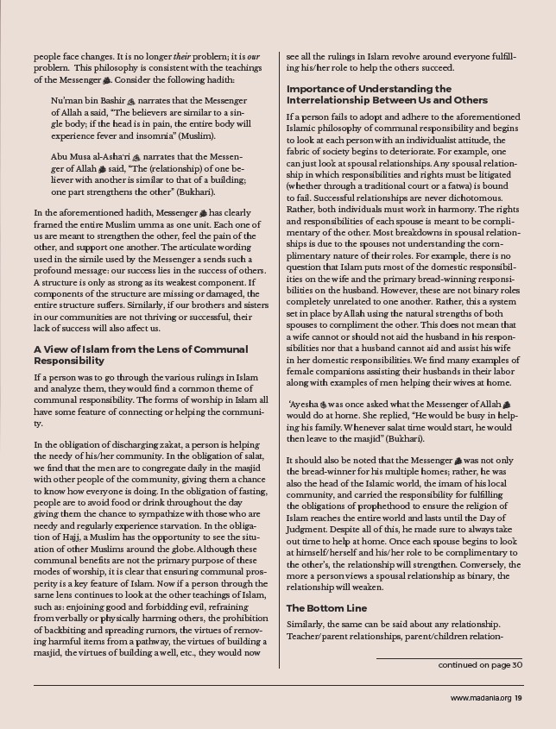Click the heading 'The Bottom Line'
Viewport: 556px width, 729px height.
tap(326, 608)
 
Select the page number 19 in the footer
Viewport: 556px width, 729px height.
tap(519, 698)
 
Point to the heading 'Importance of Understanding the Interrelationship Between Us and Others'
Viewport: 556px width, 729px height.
tap(387, 94)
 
